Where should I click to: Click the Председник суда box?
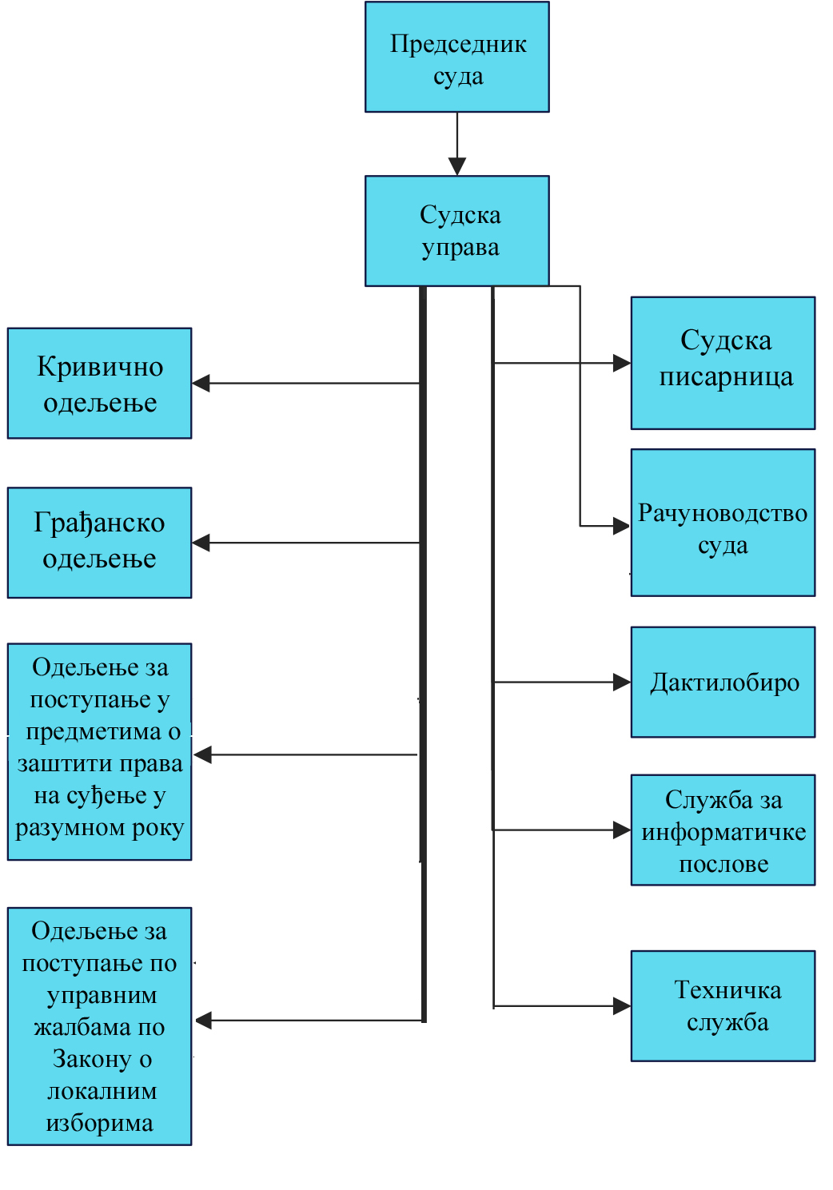(x=456, y=57)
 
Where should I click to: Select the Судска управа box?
(x=456, y=231)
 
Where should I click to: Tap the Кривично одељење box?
(x=100, y=383)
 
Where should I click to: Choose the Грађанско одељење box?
(x=100, y=543)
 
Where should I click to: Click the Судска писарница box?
(x=723, y=363)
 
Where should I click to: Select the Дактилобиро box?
(x=723, y=682)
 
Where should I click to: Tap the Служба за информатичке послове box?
(x=723, y=830)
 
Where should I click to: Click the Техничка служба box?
(x=723, y=1006)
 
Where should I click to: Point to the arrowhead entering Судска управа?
(x=457, y=167)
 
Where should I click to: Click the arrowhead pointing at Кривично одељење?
(x=201, y=384)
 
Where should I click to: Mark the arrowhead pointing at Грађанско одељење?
(x=201, y=543)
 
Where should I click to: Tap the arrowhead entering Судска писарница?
(x=621, y=363)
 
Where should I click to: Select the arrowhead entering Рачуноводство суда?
(x=621, y=526)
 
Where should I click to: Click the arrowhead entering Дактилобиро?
(x=621, y=682)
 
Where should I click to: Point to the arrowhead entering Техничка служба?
(x=621, y=1006)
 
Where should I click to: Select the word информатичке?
(x=723, y=832)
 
